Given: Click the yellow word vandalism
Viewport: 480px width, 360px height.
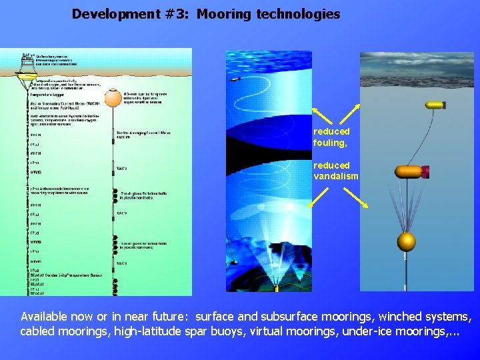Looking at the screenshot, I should pyautogui.click(x=336, y=177).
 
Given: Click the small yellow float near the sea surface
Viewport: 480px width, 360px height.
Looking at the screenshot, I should pyautogui.click(x=435, y=105).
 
